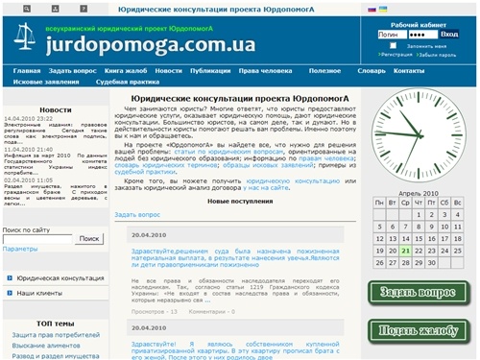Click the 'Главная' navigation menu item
tap(27, 71)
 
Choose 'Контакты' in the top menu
tap(409, 71)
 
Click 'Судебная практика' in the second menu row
tap(128, 83)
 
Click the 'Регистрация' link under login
tap(395, 55)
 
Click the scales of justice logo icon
tap(23, 40)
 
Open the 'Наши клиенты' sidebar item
tap(42, 291)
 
